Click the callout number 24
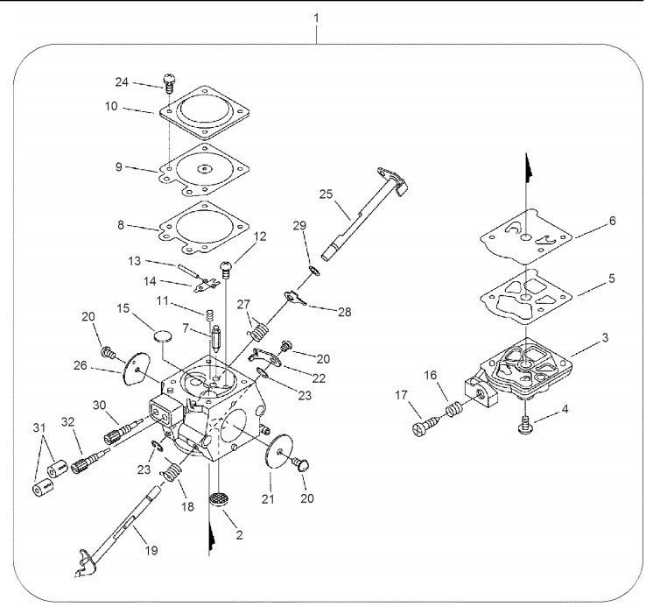pyautogui.click(x=122, y=82)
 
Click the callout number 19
pyautogui.click(x=151, y=550)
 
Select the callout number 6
pyautogui.click(x=612, y=221)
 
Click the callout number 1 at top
pyautogui.click(x=316, y=16)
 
